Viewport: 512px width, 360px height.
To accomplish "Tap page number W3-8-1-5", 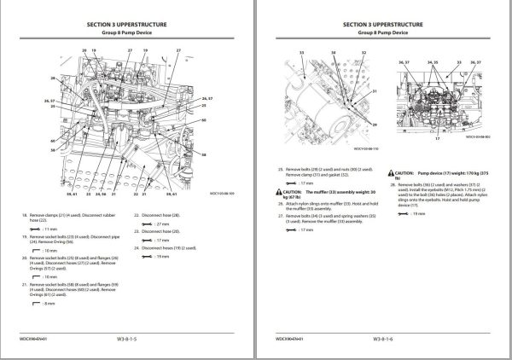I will tap(128, 340).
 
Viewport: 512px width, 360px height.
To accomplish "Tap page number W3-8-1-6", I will tap(383, 340).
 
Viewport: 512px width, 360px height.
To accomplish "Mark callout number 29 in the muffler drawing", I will tap(372, 124).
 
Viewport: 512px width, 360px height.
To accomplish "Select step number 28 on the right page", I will tap(391, 184).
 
